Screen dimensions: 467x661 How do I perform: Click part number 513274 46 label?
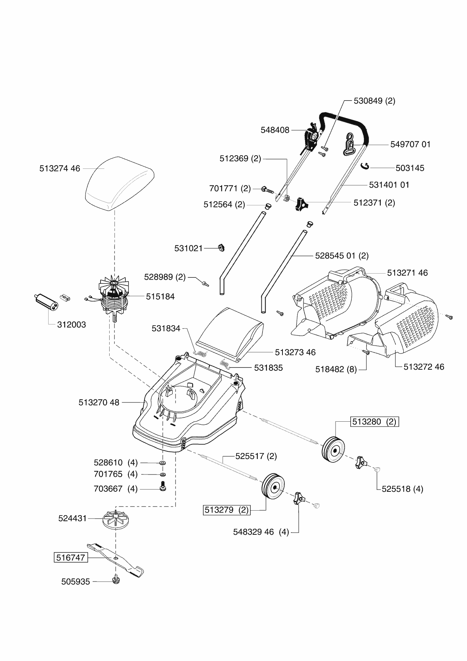pos(60,168)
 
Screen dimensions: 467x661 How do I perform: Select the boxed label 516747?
pos(71,557)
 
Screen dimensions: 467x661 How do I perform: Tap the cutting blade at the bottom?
pos(116,560)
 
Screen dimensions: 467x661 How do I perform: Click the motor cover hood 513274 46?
pos(119,184)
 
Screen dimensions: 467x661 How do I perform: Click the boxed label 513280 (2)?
pos(374,422)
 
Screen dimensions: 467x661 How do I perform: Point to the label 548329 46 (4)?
pos(261,532)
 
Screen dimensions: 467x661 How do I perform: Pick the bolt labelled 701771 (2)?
pos(267,189)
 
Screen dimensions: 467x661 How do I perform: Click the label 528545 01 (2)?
pos(342,256)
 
